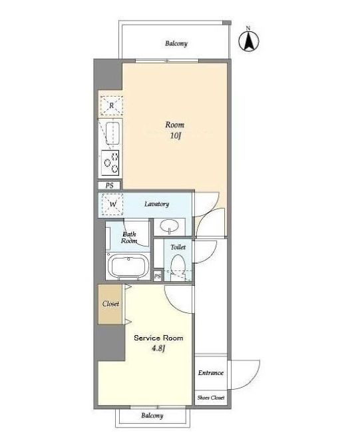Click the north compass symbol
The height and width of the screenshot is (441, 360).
point(248,41)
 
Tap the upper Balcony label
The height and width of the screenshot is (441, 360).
point(176,43)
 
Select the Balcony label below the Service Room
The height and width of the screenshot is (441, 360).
point(152,416)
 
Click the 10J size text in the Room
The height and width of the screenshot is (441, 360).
point(175,136)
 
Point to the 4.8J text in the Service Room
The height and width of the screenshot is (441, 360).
point(158,348)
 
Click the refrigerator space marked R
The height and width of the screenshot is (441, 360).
point(112,105)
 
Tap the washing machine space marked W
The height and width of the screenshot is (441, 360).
point(112,205)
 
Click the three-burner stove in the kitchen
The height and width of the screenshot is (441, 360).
point(110,163)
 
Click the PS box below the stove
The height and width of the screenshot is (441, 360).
point(109,186)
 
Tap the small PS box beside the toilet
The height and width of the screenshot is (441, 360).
point(158,276)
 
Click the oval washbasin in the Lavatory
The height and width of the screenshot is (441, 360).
point(169,226)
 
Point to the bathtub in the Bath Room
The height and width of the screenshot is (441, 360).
point(129,266)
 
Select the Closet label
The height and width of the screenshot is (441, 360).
point(110,304)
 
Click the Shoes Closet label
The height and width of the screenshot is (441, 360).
point(211,398)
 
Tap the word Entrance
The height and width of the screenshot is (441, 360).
point(211,373)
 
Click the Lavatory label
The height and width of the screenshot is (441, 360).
point(156,204)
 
